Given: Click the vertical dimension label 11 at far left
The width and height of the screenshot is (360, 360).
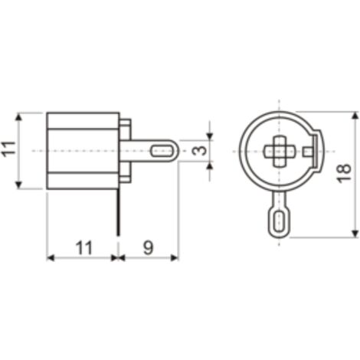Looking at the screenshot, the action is (8, 151).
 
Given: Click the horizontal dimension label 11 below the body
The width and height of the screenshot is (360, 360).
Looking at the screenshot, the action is (83, 247).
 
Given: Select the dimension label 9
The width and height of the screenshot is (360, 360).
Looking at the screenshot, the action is (149, 247).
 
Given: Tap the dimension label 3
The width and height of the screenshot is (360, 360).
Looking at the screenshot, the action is (199, 151).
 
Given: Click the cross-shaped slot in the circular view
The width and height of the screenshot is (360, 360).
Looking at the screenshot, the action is (280, 151).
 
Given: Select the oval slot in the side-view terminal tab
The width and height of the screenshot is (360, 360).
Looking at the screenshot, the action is (162, 151).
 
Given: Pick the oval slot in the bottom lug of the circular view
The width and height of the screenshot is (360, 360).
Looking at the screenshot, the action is (280, 222).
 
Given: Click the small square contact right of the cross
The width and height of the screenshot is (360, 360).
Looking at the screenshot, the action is (307, 152).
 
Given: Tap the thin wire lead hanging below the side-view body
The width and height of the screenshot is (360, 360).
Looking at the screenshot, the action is (118, 212).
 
